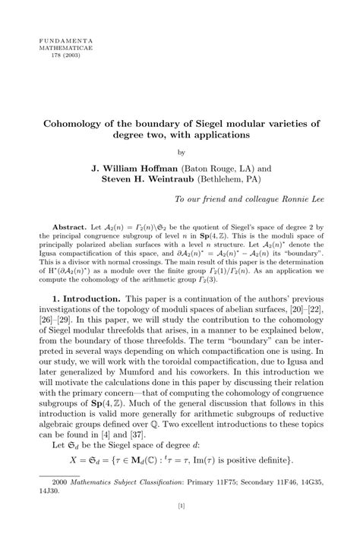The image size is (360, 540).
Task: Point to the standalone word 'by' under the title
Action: click(x=180, y=151)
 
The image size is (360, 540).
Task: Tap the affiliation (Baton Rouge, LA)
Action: click(x=226, y=166)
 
